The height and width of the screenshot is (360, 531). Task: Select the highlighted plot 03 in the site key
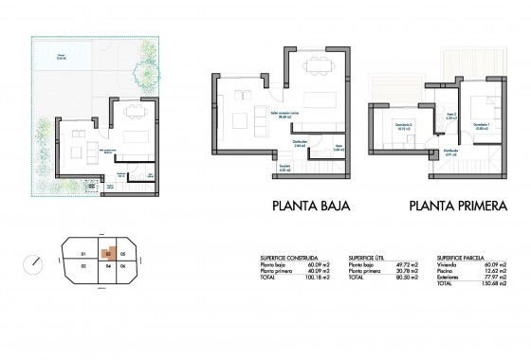[x=111, y=254]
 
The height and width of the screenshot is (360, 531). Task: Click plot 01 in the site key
[x=83, y=255]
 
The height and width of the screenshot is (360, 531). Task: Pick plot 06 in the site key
[x=124, y=267]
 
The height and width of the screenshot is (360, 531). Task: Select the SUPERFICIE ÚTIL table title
[x=368, y=256]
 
